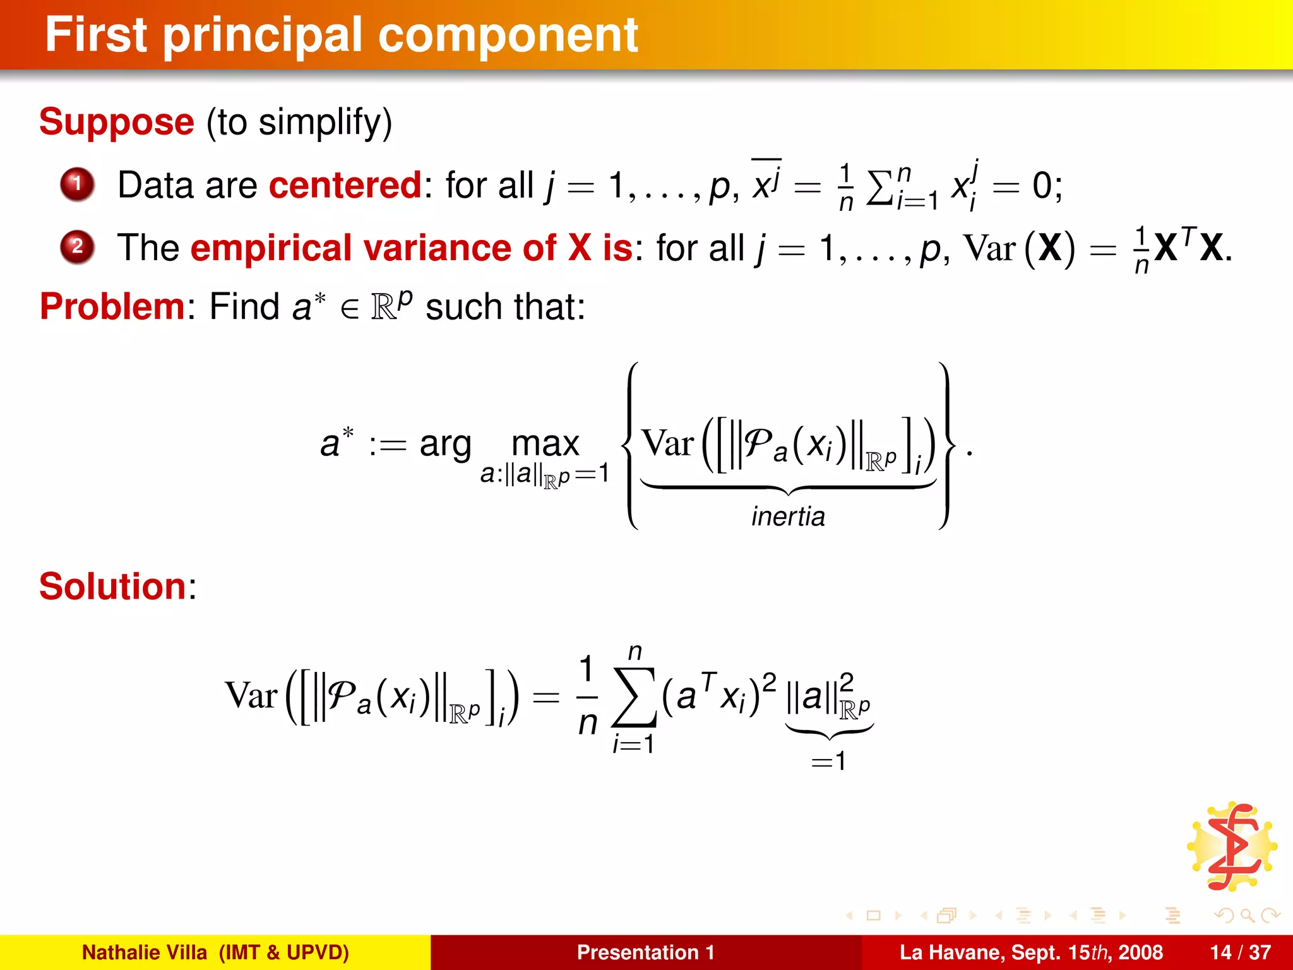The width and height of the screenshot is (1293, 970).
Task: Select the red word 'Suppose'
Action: [117, 122]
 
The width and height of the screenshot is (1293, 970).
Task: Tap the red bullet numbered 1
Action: [77, 184]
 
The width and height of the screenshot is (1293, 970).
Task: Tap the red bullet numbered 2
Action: [77, 246]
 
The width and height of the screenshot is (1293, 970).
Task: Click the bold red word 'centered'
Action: [345, 185]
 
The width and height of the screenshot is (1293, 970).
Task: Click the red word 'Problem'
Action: [112, 307]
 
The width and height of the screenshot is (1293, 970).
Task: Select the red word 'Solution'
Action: [112, 587]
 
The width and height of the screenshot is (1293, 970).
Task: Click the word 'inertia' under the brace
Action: [788, 517]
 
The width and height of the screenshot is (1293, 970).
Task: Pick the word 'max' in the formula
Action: [545, 443]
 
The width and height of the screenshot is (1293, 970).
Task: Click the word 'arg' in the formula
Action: [445, 445]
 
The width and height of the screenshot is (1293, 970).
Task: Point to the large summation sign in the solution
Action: [635, 697]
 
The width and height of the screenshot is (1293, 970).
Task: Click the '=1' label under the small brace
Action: [828, 761]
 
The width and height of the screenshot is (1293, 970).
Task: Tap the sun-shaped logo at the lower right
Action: [1232, 846]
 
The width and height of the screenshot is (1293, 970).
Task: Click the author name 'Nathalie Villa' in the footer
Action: [145, 952]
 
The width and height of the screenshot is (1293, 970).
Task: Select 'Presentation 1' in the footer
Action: [645, 952]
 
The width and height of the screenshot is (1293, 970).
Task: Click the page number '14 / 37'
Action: [1240, 952]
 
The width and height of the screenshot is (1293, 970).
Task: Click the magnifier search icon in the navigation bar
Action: [1247, 915]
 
